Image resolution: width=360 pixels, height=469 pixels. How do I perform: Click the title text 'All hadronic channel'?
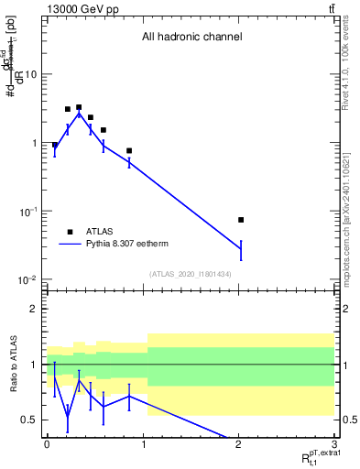pos(191,38)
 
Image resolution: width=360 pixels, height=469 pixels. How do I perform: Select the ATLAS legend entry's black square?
pos(69,233)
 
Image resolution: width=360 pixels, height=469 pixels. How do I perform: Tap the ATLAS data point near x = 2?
pos(241,220)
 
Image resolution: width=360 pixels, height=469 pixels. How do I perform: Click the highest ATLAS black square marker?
pos(79,107)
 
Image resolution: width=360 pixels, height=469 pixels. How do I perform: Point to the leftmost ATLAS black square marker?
pos(55,145)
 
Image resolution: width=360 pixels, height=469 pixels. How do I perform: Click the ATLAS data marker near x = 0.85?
pos(129,150)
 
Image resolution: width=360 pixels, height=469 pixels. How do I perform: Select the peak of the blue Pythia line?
pos(79,114)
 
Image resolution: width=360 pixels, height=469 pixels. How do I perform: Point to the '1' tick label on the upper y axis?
pos(35,143)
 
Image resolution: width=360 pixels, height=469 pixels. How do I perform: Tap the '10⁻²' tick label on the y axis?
pos(27,280)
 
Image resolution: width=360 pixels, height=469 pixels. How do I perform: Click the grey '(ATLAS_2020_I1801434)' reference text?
pos(191,275)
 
